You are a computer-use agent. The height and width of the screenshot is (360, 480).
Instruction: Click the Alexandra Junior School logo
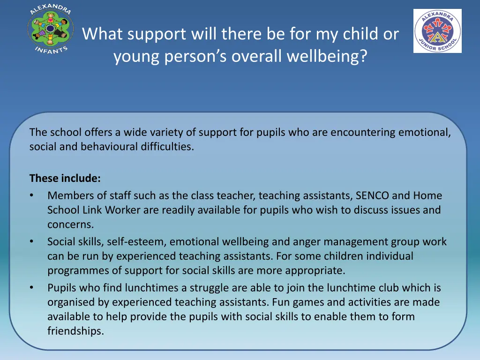click(437, 31)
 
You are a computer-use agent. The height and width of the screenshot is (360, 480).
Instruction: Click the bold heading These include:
click(65, 178)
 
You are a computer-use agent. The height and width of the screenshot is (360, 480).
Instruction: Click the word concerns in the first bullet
click(70, 225)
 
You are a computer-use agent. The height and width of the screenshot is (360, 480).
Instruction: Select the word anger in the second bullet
click(307, 242)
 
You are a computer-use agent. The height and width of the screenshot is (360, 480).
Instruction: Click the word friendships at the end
click(75, 331)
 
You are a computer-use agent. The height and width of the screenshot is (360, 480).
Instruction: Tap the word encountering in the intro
click(363, 132)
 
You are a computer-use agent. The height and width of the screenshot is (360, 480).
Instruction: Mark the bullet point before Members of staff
click(31, 195)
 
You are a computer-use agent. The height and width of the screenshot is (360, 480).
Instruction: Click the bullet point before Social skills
click(31, 242)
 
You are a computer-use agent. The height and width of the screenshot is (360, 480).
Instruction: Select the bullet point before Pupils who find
click(31, 288)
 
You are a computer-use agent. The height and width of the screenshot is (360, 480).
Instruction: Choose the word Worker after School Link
click(123, 210)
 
